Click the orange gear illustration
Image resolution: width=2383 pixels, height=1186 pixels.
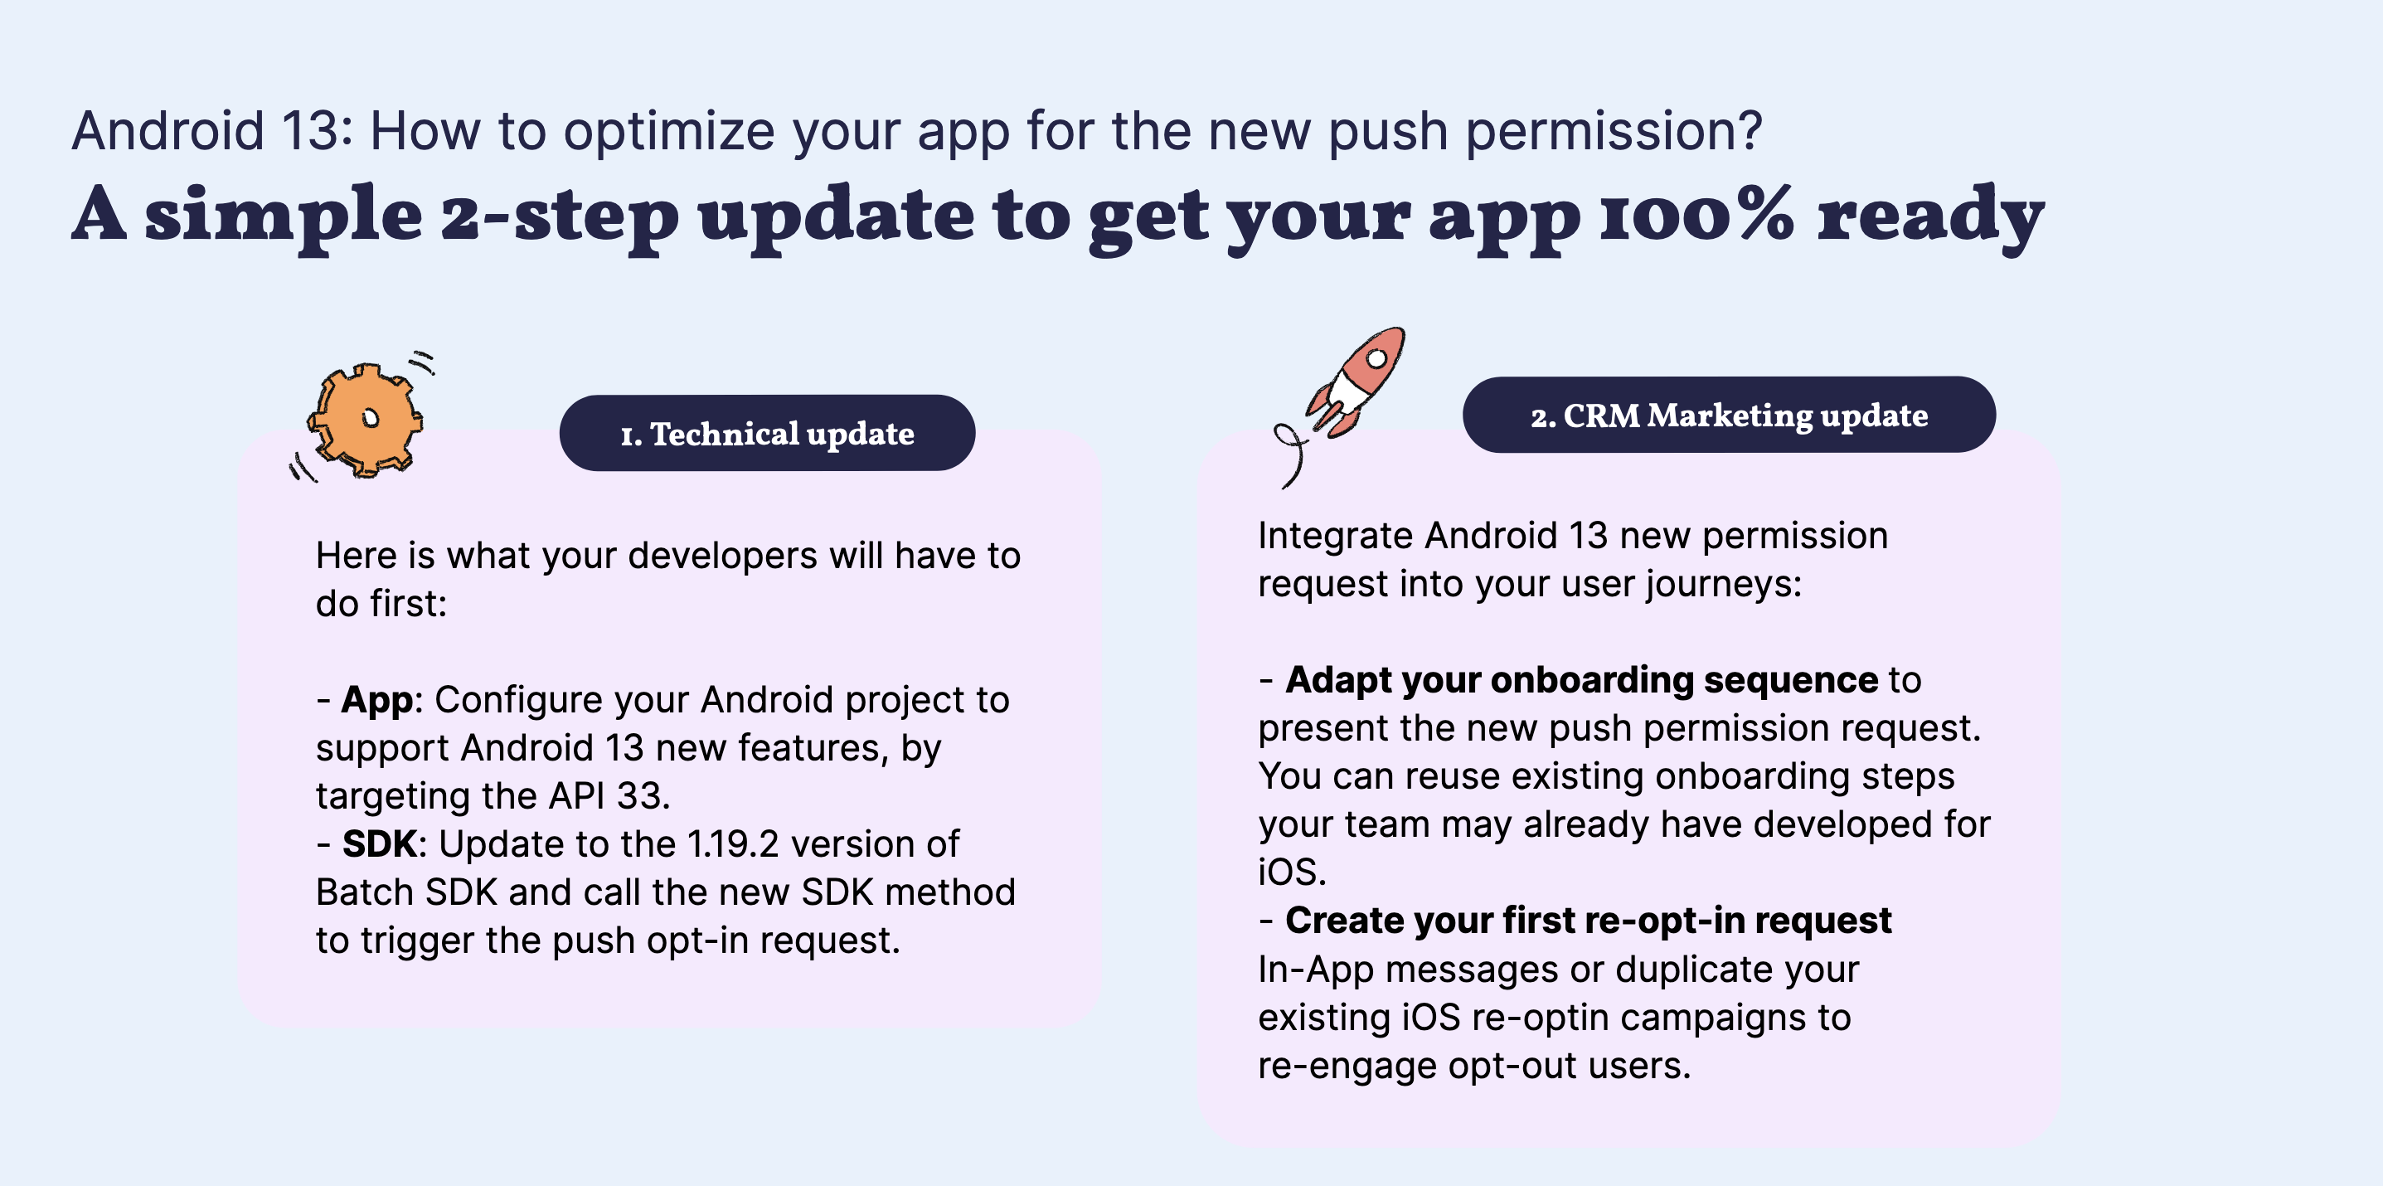(x=366, y=419)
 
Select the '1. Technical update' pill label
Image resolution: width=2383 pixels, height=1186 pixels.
(x=767, y=433)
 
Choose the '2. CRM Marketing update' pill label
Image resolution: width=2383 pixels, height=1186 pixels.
(x=1728, y=415)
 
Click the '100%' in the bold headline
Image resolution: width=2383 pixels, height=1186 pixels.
(x=1696, y=215)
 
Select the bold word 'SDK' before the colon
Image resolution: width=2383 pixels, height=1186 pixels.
(x=379, y=843)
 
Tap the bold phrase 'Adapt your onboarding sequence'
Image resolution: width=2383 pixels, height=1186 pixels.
(x=1581, y=681)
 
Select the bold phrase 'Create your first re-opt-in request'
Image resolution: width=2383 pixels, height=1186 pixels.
(x=1589, y=921)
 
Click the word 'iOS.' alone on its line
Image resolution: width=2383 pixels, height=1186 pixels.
(x=1291, y=872)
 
